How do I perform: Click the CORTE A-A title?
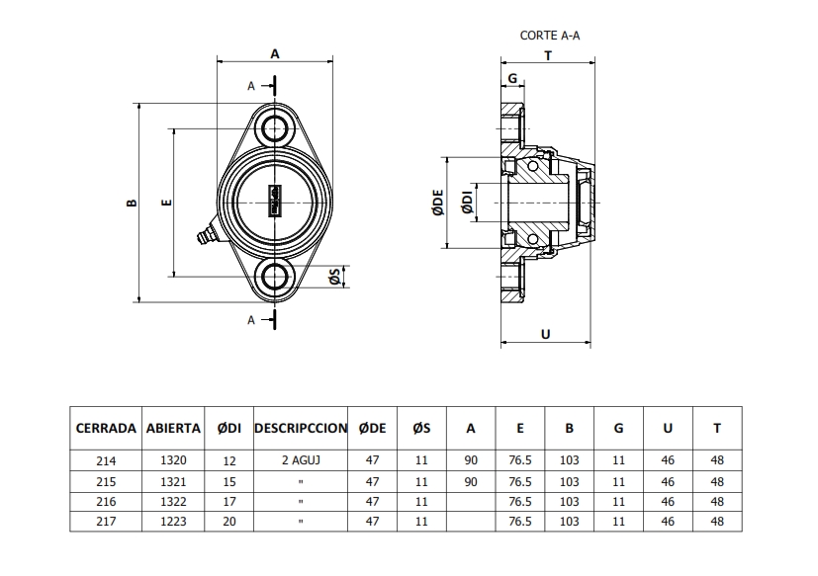(x=550, y=36)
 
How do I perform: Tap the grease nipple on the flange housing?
(x=206, y=234)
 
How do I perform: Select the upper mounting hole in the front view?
(x=275, y=127)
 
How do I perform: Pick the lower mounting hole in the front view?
(x=275, y=277)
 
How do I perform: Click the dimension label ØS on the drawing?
(x=335, y=277)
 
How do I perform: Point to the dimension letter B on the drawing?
(x=132, y=203)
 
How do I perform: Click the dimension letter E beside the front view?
(x=166, y=203)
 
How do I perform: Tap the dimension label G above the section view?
(x=512, y=78)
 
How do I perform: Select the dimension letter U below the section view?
(x=546, y=334)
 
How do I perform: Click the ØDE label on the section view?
(x=438, y=203)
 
